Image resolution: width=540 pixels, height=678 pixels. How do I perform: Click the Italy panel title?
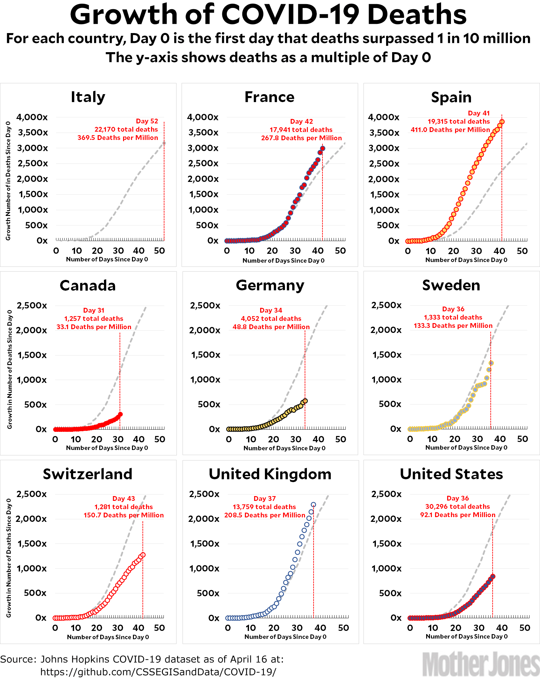[88, 97]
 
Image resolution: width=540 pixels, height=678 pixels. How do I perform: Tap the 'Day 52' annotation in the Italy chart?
[147, 121]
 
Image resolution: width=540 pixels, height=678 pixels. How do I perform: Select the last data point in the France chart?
[322, 148]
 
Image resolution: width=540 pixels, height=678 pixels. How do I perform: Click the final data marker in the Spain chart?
[502, 122]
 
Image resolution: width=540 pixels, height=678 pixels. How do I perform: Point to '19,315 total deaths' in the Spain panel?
[459, 121]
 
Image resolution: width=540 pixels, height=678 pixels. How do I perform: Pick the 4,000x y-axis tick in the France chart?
[203, 117]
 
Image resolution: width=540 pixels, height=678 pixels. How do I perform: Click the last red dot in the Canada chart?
[120, 414]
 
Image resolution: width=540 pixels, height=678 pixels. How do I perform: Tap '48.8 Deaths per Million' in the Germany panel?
[271, 327]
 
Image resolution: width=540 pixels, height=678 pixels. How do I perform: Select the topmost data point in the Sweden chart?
[491, 363]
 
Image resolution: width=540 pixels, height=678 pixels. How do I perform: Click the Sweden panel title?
[451, 285]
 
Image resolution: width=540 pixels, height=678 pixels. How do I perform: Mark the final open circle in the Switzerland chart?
[143, 555]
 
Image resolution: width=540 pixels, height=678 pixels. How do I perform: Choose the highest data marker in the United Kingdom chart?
[314, 505]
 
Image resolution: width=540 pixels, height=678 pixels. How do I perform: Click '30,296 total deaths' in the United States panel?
[458, 507]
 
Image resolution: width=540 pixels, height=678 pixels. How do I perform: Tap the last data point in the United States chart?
[493, 576]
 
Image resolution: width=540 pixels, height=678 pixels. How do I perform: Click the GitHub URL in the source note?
[158, 672]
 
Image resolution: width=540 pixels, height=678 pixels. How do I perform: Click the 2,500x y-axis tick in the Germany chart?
[205, 306]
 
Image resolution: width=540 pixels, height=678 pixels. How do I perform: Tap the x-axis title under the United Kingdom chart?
[285, 637]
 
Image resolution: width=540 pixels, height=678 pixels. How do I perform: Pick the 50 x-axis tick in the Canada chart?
[160, 439]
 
